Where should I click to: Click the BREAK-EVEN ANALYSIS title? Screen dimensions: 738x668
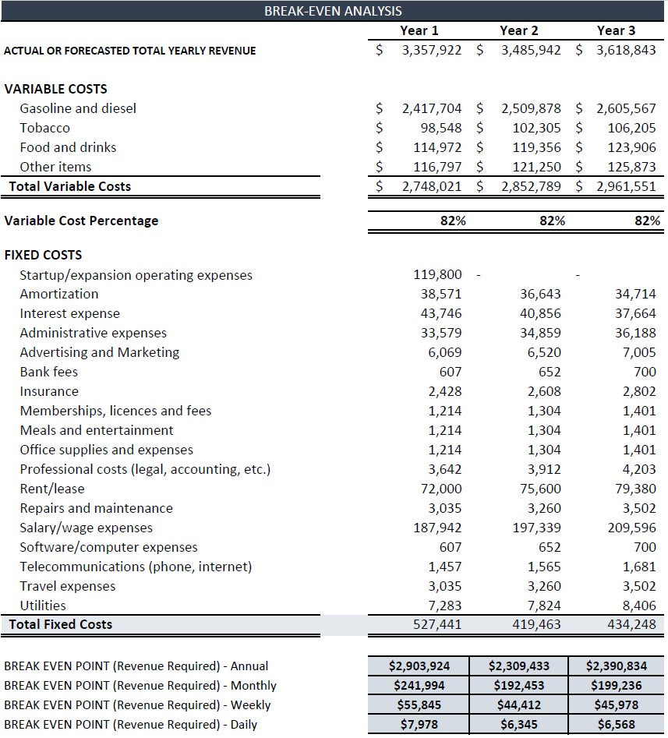pos(334,11)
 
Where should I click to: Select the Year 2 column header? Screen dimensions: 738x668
pos(518,30)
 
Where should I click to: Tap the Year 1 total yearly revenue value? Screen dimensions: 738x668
pos(431,50)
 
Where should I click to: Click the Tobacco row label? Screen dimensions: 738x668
pos(44,128)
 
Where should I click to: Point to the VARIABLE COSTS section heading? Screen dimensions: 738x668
pos(55,89)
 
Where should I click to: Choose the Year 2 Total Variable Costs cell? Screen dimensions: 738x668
pos(530,186)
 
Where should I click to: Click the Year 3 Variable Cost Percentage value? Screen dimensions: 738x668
pos(647,221)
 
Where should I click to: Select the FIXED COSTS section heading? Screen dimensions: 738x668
pos(43,255)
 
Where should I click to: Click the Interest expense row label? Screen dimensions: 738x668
pos(69,313)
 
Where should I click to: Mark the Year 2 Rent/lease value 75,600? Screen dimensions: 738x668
pos(539,489)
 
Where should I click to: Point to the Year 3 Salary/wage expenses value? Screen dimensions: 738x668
pos(634,528)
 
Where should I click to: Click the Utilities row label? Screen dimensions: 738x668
pos(43,606)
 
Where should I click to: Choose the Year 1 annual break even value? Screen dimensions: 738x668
pos(419,666)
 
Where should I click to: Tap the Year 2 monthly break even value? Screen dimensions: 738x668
pos(518,686)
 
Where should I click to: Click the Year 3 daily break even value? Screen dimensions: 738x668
pos(618,724)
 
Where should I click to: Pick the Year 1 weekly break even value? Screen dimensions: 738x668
pos(419,704)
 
